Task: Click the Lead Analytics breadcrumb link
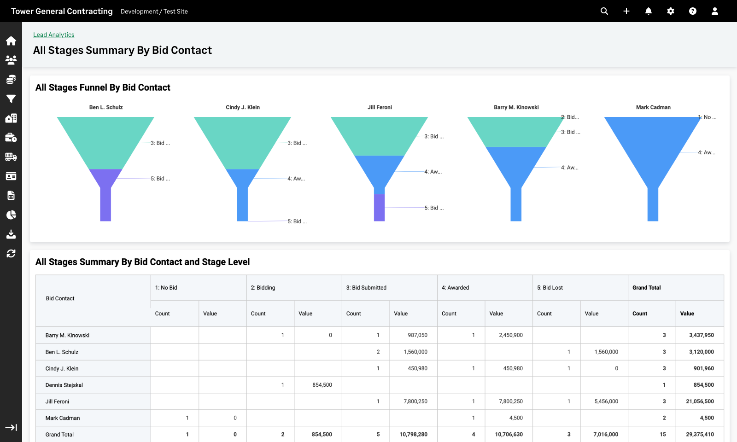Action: [x=53, y=35]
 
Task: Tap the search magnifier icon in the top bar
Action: [x=604, y=11]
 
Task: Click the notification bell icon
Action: [x=649, y=11]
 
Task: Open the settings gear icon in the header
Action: [x=671, y=11]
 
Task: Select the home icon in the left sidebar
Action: [x=11, y=41]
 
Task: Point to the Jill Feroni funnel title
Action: [x=380, y=107]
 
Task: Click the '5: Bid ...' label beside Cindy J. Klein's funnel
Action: [x=297, y=221]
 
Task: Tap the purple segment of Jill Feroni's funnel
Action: [x=379, y=208]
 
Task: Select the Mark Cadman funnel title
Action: [x=653, y=107]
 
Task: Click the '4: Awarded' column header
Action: [x=455, y=288]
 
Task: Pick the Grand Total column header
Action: [x=646, y=288]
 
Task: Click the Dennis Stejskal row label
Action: [x=64, y=385]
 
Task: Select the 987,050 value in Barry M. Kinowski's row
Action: [x=417, y=335]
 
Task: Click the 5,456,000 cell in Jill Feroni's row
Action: [x=606, y=401]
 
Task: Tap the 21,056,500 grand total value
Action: [x=700, y=401]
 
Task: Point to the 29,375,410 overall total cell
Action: [x=700, y=435]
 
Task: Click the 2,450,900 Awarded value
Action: [x=510, y=335]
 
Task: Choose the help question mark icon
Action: [x=693, y=11]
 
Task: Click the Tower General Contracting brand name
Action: [x=62, y=11]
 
